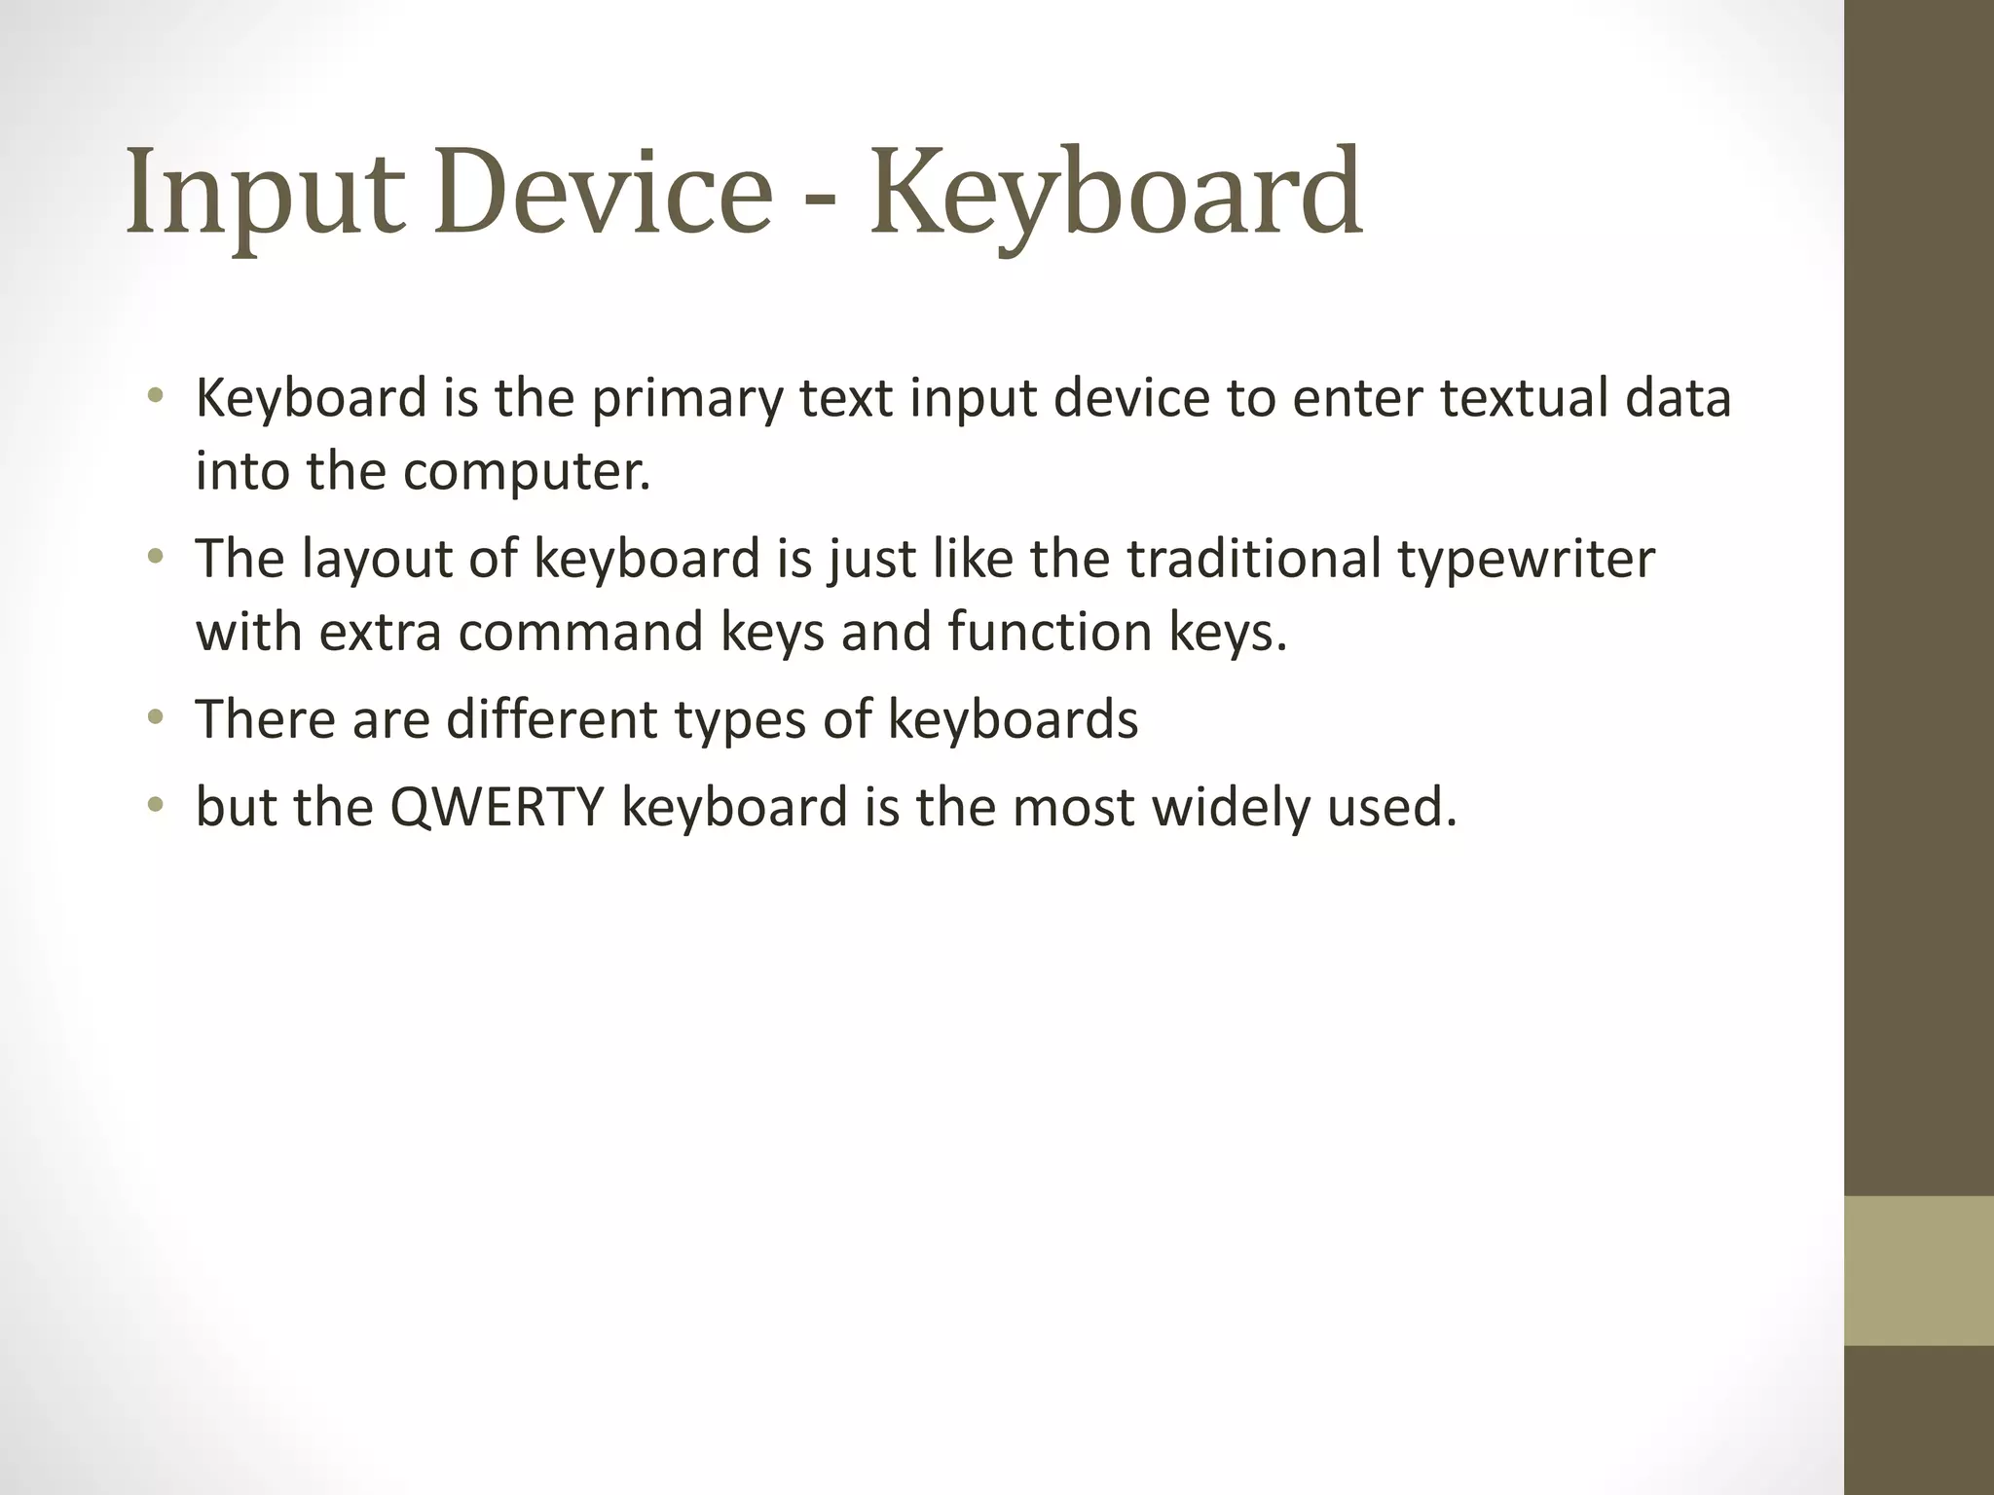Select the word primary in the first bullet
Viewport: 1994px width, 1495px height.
click(x=686, y=399)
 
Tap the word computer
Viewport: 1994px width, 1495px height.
click(x=526, y=472)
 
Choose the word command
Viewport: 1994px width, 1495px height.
click(x=581, y=632)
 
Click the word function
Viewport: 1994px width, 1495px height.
click(x=1050, y=632)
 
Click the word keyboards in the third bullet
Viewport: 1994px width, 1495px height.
click(x=1013, y=719)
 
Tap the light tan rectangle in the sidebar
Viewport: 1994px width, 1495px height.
click(x=1919, y=1270)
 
